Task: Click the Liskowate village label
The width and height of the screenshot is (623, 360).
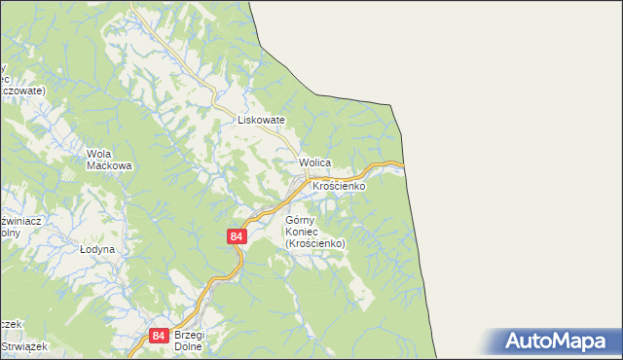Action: [261, 121]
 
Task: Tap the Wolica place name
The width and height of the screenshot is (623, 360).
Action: [315, 162]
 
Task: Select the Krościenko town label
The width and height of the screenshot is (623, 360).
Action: [338, 185]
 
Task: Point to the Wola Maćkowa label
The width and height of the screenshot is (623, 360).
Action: [109, 160]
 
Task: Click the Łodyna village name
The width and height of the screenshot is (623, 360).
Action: [97, 249]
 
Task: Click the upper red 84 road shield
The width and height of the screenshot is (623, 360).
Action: [238, 236]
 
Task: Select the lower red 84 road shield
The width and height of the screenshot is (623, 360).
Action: [159, 336]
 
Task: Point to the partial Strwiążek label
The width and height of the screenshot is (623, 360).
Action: [18, 345]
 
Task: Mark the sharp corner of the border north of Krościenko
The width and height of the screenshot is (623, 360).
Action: [391, 104]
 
